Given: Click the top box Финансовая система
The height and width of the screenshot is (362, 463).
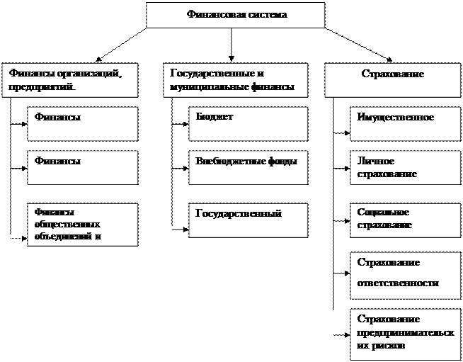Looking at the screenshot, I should (x=235, y=15).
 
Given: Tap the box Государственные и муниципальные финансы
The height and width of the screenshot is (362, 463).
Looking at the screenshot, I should (x=236, y=79).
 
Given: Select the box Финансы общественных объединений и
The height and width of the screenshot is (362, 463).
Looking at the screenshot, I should (x=82, y=225).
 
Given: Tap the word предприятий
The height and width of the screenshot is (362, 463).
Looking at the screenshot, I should (x=41, y=88).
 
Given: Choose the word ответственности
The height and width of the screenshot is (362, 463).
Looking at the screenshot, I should (x=398, y=283).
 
